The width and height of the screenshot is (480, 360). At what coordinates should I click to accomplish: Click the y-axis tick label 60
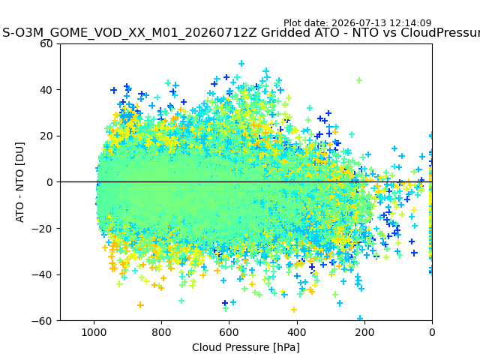coord(46,43)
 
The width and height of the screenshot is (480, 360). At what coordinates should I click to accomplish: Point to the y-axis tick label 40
coord(46,90)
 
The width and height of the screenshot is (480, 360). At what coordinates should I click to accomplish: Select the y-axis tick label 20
coord(46,136)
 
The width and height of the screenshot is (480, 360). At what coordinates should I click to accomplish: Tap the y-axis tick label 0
coord(49,182)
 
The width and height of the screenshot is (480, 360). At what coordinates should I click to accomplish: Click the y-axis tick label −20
coord(42,229)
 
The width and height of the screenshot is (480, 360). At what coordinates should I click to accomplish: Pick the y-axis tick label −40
coord(42,275)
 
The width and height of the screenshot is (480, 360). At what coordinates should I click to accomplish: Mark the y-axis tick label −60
coord(42,321)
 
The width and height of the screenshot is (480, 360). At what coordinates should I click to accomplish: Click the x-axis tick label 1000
coord(94,332)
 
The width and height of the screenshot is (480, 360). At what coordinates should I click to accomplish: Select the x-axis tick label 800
coord(162,332)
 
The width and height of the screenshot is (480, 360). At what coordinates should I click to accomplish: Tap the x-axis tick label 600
coord(229,332)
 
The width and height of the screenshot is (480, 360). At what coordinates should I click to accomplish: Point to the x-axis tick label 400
coord(297,332)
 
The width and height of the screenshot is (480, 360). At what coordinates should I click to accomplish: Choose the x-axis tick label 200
coord(364,332)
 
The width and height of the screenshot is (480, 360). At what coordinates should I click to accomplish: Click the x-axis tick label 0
coord(432,332)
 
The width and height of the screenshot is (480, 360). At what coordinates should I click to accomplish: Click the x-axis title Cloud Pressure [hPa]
coord(246,347)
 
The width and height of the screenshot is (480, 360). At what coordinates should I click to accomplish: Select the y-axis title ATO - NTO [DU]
coord(19,182)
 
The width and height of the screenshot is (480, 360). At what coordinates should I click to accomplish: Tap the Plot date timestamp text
coord(357,23)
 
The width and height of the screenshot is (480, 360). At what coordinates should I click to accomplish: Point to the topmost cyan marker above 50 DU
coord(241,63)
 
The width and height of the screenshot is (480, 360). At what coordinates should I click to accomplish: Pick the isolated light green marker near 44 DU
coord(359,80)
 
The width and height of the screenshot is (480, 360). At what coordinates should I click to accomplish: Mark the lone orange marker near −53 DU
coord(140,305)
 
